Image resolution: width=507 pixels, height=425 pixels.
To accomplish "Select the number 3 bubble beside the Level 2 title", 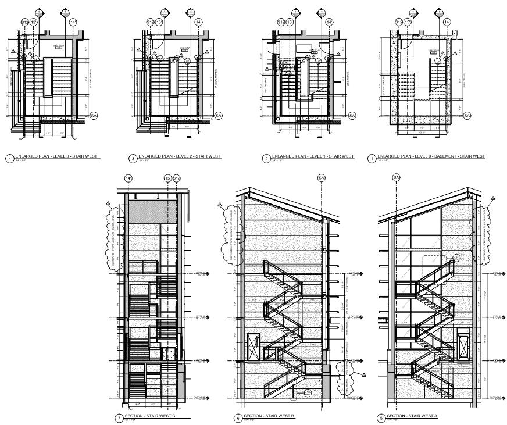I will pos(133,158).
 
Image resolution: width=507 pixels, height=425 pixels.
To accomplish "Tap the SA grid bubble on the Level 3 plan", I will pos(94,116).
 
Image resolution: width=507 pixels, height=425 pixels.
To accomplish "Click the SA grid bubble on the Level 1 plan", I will pos(352,116).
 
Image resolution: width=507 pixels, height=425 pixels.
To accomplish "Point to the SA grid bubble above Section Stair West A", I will pos(397,177).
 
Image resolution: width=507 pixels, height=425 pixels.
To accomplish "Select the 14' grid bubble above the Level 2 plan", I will pos(198,22).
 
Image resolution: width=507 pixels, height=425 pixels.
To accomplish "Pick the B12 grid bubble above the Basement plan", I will pos(399,22).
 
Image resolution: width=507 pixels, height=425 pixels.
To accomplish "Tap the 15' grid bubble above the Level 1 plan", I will pos(291,22).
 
